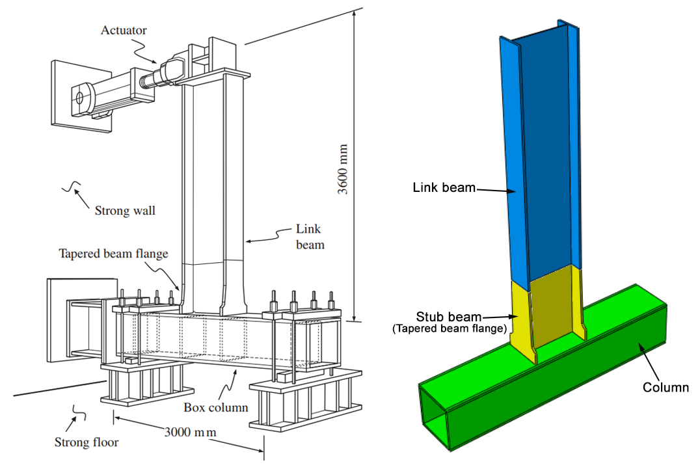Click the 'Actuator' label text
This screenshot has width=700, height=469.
click(x=124, y=30)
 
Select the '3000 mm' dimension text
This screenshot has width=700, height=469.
click(x=190, y=431)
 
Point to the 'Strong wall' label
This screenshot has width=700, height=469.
click(x=125, y=210)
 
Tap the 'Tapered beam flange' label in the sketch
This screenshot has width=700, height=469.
click(x=114, y=254)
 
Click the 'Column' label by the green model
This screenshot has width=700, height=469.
click(x=665, y=388)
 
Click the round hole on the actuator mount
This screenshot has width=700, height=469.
click(x=79, y=98)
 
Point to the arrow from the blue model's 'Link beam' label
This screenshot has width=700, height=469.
click(x=498, y=190)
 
